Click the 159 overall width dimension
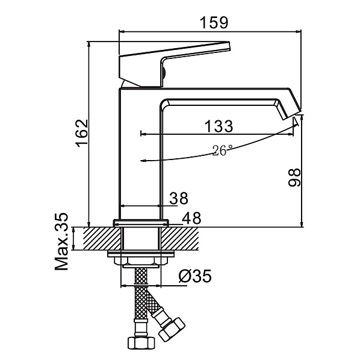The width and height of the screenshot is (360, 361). (x=214, y=23)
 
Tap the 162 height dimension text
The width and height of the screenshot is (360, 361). (x=82, y=134)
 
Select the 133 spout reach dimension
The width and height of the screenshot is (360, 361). (x=219, y=126)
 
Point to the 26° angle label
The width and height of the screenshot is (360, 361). (x=222, y=150)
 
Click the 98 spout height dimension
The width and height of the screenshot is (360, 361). (x=294, y=177)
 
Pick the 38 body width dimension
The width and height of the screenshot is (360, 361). (x=179, y=198)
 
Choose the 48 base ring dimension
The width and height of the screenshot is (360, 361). (x=191, y=218)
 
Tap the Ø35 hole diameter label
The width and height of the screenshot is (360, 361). (x=195, y=276)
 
